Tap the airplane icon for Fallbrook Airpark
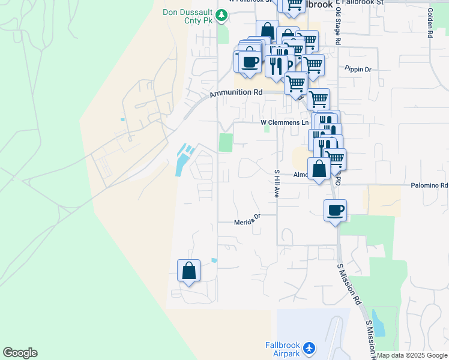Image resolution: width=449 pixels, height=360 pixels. coord(309,348)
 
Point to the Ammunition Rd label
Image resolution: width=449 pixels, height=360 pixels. coord(236,93)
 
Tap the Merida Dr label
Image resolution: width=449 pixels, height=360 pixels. coord(247,221)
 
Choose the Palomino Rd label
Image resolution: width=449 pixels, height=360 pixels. coord(429,186)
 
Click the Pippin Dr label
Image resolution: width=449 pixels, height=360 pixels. coord(358,70)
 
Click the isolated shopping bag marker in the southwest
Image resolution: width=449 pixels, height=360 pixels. coord(189,271)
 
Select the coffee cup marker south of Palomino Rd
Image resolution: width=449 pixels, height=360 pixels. coord(336,211)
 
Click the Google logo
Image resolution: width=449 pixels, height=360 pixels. coord(20,353)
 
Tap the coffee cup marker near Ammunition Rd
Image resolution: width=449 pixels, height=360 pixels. coord(250,62)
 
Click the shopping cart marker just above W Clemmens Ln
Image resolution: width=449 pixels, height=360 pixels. coord(318,98)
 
